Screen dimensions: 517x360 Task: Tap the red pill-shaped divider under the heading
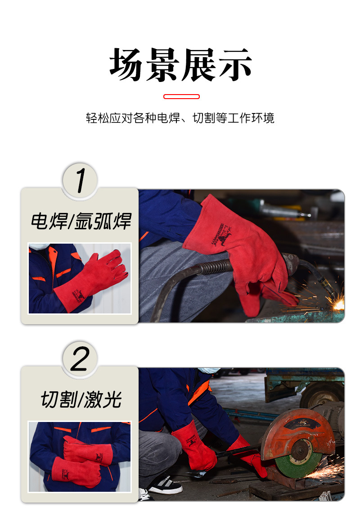[181, 96]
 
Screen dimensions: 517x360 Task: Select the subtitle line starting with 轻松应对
[180, 118]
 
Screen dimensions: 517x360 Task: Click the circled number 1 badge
[80, 180]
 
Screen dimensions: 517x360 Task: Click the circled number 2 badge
[80, 358]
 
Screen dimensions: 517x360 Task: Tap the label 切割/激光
[81, 399]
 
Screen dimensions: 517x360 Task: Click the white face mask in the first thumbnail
[38, 246]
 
